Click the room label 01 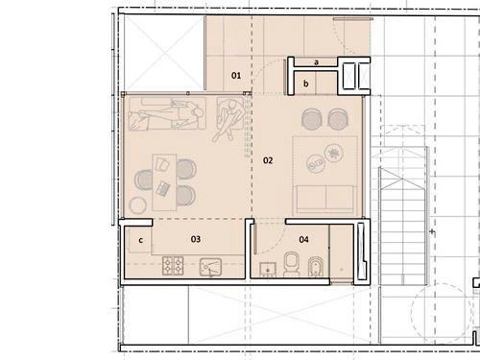[x=236, y=76]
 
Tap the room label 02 [x=268, y=160]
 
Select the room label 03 [x=196, y=239]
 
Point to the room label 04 [x=303, y=239]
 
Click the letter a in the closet [x=316, y=62]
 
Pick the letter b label [x=306, y=84]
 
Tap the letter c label [x=141, y=240]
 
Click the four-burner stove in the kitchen [x=173, y=266]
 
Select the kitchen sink [x=210, y=267]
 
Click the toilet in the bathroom [x=292, y=264]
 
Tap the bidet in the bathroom [x=316, y=266]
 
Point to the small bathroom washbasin [x=268, y=270]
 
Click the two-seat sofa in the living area [x=325, y=199]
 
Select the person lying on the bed [x=168, y=114]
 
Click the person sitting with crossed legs [x=228, y=118]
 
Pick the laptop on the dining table [x=162, y=188]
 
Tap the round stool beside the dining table [x=138, y=205]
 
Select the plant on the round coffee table [x=334, y=154]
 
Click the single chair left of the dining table [x=144, y=180]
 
